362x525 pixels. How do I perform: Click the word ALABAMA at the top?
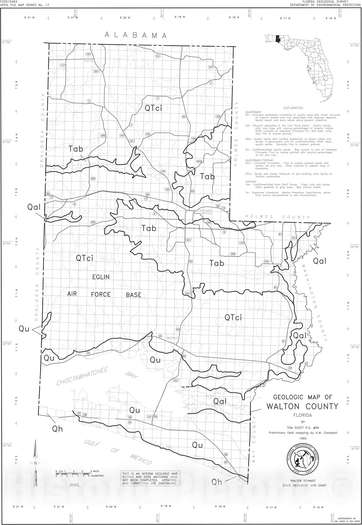pos(136,35)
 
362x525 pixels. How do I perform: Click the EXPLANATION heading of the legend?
pos(293,108)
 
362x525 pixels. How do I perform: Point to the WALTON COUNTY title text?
pos(302,406)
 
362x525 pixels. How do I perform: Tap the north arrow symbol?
pos(35,463)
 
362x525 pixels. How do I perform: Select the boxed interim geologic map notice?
pos(151,478)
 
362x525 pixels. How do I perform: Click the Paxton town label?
pos(89,61)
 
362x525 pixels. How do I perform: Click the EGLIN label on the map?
pos(101,277)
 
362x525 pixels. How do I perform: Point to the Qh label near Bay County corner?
pos(217,482)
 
